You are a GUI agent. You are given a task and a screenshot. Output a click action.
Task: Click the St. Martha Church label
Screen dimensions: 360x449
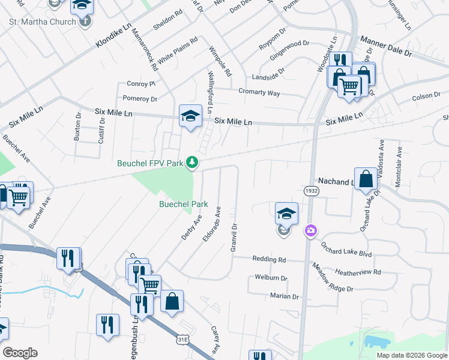(42, 22)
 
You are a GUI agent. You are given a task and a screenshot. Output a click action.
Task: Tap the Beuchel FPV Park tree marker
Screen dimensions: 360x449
(192, 162)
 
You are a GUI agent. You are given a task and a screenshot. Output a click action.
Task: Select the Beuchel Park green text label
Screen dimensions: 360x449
(183, 204)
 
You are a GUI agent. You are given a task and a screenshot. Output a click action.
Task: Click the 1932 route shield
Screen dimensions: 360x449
(311, 190)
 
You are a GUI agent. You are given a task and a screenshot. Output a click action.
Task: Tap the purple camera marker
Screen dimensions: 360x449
(310, 230)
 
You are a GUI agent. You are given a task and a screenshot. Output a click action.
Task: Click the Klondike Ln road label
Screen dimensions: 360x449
(113, 37)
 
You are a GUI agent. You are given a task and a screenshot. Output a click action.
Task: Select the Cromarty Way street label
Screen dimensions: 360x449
(259, 93)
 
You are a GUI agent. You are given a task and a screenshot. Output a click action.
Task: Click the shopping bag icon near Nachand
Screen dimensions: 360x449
(366, 179)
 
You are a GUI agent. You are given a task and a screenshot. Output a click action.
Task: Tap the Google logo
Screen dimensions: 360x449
(20, 353)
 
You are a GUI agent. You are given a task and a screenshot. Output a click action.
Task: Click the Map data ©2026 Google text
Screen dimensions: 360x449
(412, 355)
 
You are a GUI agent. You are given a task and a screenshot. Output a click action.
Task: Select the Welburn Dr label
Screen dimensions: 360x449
(271, 278)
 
